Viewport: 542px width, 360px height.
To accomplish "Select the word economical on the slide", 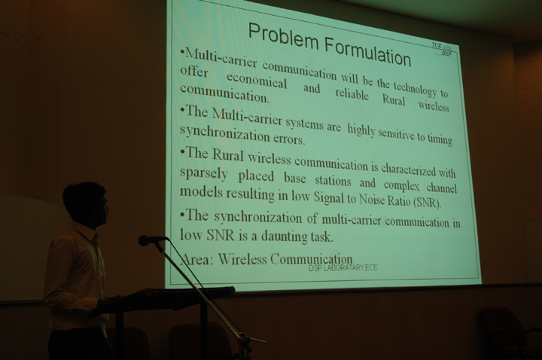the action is (x=257, y=81).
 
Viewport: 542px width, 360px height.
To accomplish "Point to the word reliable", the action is (x=352, y=93).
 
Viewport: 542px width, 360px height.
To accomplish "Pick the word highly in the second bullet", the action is (x=361, y=130).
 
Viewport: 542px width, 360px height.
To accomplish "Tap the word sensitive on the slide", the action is (x=397, y=133).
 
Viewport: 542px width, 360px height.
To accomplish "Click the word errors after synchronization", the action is (x=289, y=139).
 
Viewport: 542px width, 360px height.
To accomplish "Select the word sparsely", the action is (x=204, y=173).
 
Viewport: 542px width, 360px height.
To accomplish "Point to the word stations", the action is (x=333, y=181).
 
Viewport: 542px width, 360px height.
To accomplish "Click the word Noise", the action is (x=372, y=199).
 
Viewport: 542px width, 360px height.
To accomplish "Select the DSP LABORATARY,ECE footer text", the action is (x=343, y=267).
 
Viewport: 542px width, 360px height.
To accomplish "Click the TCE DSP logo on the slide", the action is (x=442, y=49).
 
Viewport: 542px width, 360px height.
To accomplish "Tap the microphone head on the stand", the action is (x=148, y=240).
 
